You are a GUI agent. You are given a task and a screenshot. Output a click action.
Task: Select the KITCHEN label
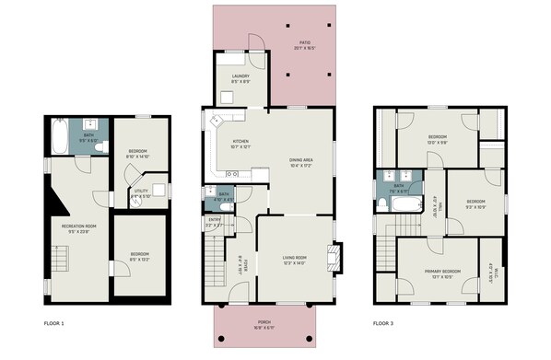228,141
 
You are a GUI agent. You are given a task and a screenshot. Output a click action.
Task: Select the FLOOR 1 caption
54,323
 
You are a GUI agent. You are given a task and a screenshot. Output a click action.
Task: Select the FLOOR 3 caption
382,323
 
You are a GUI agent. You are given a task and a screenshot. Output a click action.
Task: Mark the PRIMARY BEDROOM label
442,272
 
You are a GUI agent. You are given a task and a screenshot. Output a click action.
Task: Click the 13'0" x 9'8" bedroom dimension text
438,142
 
